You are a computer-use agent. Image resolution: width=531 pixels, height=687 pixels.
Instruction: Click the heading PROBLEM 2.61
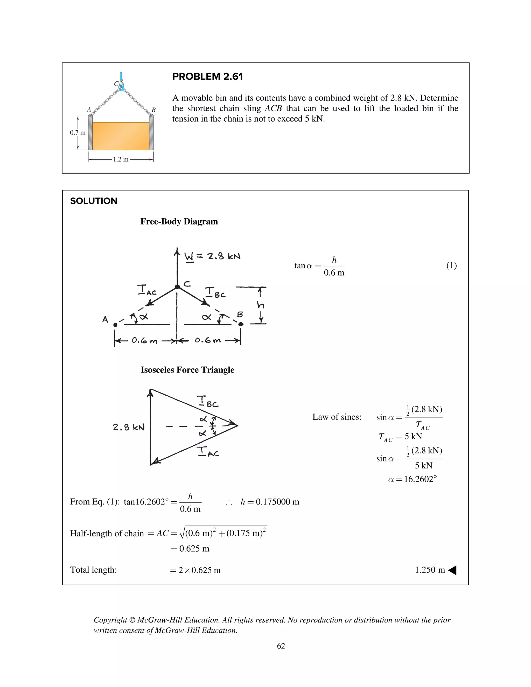pos(207,76)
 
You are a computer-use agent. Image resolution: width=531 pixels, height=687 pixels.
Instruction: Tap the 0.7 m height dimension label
pos(77,133)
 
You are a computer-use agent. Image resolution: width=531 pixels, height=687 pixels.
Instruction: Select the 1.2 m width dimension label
pos(121,159)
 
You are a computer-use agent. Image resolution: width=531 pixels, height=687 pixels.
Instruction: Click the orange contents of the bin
pos(121,136)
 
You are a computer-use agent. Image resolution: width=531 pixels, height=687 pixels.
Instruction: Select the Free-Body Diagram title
pos(179,221)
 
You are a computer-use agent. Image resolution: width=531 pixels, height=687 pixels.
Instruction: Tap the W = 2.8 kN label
pos(212,257)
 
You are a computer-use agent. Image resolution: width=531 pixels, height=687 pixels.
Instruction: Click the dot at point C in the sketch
pos(177,286)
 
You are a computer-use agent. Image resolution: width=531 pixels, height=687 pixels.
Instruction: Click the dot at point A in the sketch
pos(115,325)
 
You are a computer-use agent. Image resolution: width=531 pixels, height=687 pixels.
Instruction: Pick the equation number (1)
pos(451,265)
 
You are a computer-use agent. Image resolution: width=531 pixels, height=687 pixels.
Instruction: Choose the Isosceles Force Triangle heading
pos(187,370)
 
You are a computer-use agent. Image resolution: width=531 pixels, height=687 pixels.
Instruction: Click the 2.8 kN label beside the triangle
pos(129,427)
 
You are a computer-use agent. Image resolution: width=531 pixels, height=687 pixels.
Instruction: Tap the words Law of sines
pos(337,417)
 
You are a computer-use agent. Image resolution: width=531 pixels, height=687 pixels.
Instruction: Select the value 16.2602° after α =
pos(420,479)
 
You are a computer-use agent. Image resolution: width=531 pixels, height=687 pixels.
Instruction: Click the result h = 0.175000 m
pos(270,502)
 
